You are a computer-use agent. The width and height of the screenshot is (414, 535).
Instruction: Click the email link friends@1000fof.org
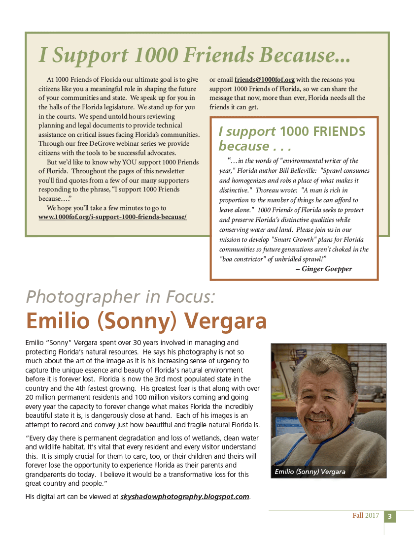tap(265, 79)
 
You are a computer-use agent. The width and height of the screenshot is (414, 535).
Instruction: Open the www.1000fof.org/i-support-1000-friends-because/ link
tap(112, 217)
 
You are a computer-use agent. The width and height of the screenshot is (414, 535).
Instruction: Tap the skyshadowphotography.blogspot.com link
tap(185, 497)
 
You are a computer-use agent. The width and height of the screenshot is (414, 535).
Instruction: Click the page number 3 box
tap(389, 516)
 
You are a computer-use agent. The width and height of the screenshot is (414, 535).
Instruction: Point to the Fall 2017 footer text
tap(366, 516)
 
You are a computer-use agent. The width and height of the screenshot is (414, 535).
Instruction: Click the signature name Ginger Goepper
tap(327, 269)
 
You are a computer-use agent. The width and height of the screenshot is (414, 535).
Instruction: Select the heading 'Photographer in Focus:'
tap(120, 297)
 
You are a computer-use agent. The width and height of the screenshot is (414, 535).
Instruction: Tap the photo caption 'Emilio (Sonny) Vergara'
tap(310, 472)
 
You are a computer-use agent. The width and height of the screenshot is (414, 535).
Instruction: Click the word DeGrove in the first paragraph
tap(119, 144)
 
